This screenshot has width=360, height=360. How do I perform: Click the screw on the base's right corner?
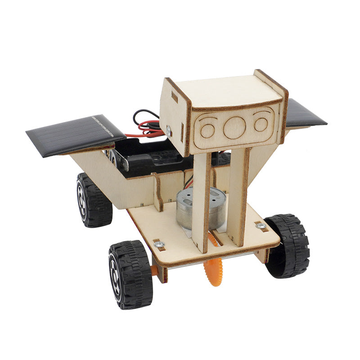pos(261,225)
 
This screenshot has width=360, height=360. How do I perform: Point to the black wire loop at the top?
pos(143,117)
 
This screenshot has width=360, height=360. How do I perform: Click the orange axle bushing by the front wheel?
pos(154,270)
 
